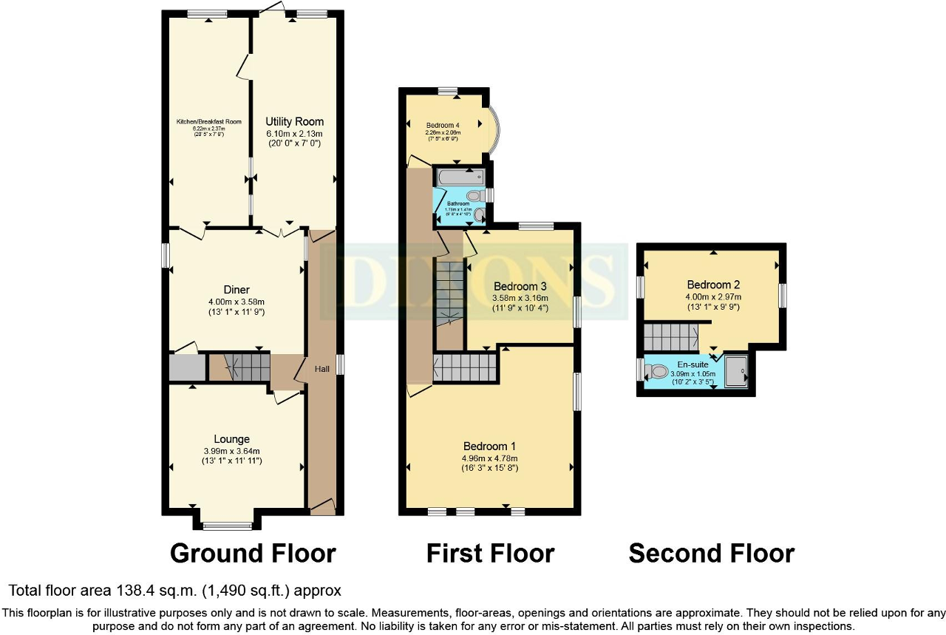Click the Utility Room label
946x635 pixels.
[x=295, y=121]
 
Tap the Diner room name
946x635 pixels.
[x=237, y=290]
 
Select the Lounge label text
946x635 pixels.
[x=232, y=439]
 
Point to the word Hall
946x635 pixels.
[x=322, y=369]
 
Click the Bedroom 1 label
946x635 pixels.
[x=489, y=446]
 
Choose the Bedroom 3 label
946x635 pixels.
[x=520, y=286]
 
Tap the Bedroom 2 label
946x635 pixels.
[x=713, y=285]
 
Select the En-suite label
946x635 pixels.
[x=693, y=364]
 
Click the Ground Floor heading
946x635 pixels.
[x=253, y=553]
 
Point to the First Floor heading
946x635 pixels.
[x=490, y=553]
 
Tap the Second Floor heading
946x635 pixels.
[x=711, y=553]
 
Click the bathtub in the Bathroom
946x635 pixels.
[x=460, y=177]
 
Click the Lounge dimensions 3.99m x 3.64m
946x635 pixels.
[x=231, y=451]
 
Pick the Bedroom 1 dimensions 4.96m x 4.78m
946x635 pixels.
[x=489, y=458]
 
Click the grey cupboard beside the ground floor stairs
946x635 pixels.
[x=186, y=368]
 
